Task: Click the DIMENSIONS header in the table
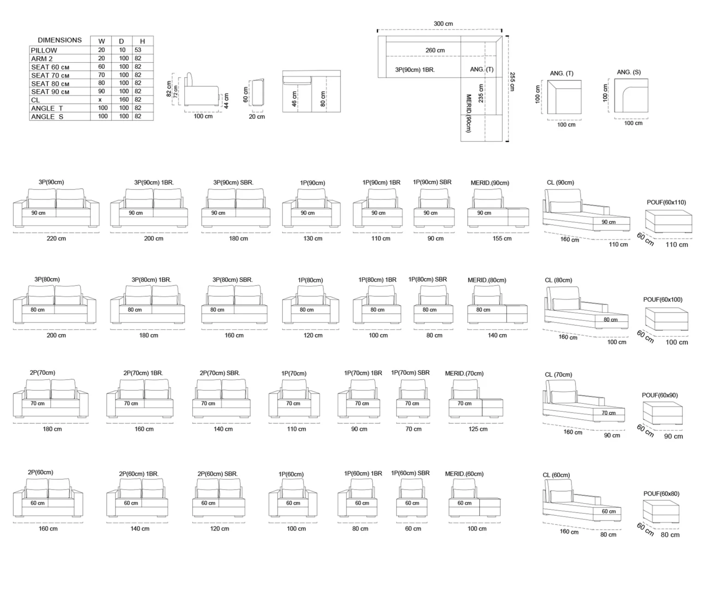(59, 40)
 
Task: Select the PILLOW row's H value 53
(138, 50)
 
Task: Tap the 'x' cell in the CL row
(100, 99)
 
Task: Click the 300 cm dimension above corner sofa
(443, 23)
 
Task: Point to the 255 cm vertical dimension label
(512, 81)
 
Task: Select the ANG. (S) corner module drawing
(631, 95)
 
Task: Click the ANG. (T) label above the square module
(561, 73)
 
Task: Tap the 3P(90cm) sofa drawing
(56, 208)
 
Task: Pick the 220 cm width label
(56, 238)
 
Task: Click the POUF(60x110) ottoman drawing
(669, 221)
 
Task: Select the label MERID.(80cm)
(487, 280)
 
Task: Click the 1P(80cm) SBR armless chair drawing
(433, 304)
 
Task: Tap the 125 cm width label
(478, 429)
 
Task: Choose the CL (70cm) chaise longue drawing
(583, 401)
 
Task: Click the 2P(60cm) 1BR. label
(139, 474)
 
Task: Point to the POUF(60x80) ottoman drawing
(661, 512)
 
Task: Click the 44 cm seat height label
(226, 101)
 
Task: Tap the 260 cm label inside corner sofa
(435, 50)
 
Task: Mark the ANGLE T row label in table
(47, 108)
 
